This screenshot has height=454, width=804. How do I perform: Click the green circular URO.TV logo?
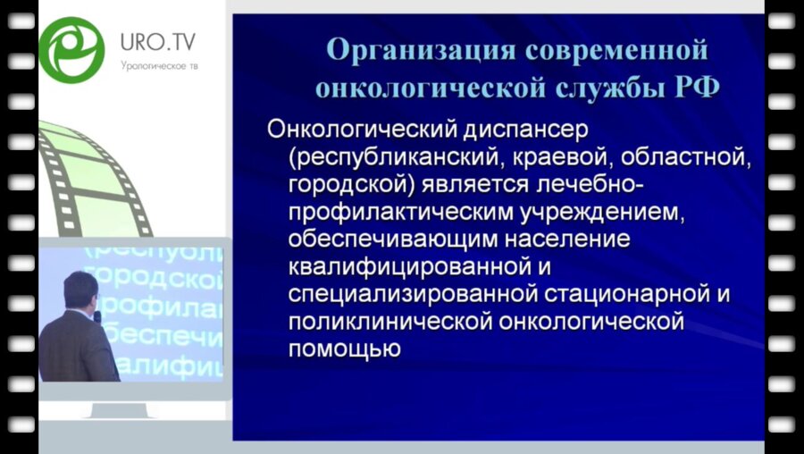click(71, 49)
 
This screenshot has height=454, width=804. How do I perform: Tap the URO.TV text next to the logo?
click(157, 41)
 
